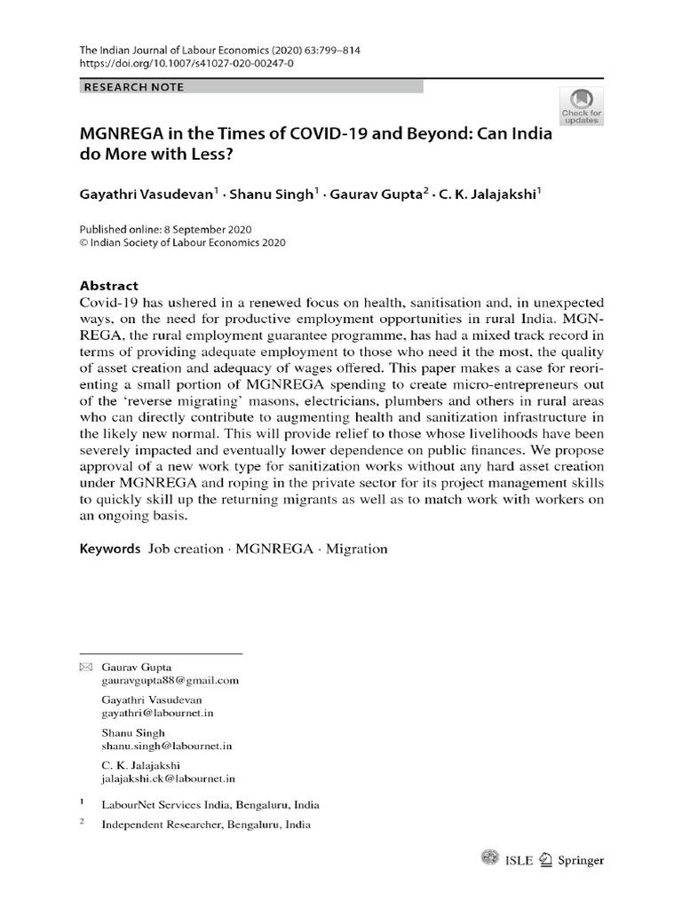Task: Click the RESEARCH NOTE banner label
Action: click(x=134, y=87)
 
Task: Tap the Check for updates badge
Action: click(x=581, y=106)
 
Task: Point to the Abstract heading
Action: click(x=109, y=286)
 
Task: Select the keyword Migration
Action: click(x=356, y=549)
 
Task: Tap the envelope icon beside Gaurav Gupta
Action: click(x=85, y=666)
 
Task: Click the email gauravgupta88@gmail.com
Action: click(x=171, y=681)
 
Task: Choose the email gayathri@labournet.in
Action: click(x=158, y=713)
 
